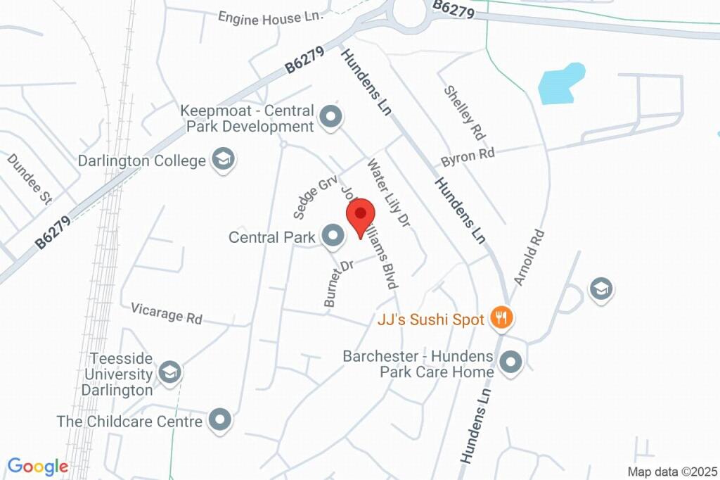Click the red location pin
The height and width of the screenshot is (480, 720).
(361, 215)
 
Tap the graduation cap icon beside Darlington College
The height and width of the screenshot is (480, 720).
(224, 159)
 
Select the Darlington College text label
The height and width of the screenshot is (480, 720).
(142, 160)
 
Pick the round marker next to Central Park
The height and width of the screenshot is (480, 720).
(333, 236)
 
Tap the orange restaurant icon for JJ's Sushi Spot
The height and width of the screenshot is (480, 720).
(501, 318)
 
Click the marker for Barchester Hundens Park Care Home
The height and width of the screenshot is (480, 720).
(511, 362)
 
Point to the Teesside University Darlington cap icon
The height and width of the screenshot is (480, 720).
(169, 372)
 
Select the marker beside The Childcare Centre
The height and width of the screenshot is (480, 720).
(221, 420)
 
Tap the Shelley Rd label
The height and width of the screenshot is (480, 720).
(465, 113)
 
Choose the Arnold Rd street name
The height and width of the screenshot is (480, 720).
(529, 257)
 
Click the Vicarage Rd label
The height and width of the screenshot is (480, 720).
(167, 313)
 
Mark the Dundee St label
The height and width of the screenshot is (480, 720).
(30, 179)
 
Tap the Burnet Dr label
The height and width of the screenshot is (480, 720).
(338, 283)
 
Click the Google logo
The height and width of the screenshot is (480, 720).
(38, 466)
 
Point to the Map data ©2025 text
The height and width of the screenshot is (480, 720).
(671, 472)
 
